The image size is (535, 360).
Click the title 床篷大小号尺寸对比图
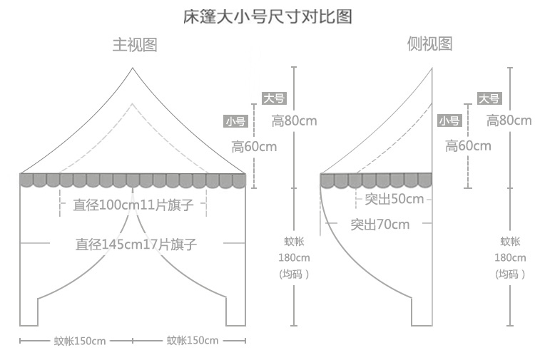pyautogui.click(x=267, y=16)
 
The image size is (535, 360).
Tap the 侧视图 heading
pyautogui.click(x=429, y=44)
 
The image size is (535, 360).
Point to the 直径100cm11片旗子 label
pyautogui.click(x=133, y=205)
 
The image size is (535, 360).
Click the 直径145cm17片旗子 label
pyautogui.click(x=136, y=245)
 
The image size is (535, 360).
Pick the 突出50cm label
pyautogui.click(x=394, y=199)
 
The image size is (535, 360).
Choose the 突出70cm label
pyautogui.click(x=380, y=225)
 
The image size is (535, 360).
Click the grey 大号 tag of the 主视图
pyautogui.click(x=274, y=99)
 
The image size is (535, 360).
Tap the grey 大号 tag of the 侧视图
pyautogui.click(x=489, y=99)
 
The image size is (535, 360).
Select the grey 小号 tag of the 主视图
pyautogui.click(x=235, y=121)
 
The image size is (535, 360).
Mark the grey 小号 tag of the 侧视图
pyautogui.click(x=449, y=121)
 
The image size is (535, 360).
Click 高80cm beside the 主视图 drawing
pyautogui.click(x=294, y=120)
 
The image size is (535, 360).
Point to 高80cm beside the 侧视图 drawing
pyautogui.click(x=509, y=120)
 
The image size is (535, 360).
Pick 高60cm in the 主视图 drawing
pyautogui.click(x=254, y=146)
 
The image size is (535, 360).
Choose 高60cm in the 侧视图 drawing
pyautogui.click(x=468, y=146)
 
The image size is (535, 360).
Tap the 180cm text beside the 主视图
pyautogui.click(x=294, y=257)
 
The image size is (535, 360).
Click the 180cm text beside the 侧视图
pyautogui.click(x=510, y=257)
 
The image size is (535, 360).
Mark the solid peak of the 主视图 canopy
pyautogui.click(x=133, y=68)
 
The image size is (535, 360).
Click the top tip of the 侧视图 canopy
pyautogui.click(x=432, y=68)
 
